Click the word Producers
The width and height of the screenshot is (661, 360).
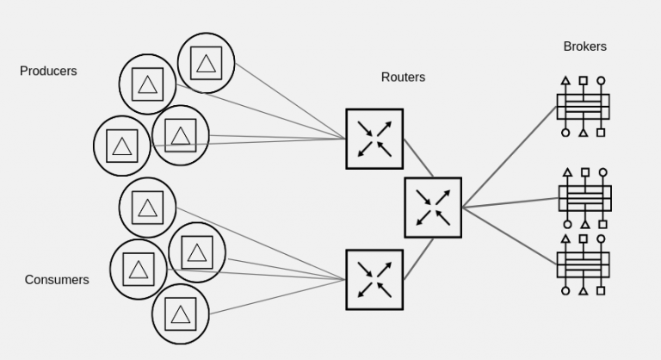48,71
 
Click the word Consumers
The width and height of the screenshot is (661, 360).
57,280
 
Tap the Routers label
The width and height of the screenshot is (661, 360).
403,78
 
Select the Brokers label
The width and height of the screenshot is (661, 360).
584,47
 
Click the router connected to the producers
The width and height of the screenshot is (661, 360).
374,139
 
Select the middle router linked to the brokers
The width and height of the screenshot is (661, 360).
433,208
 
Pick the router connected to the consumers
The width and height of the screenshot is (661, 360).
374,280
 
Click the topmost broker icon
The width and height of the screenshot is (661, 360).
583,107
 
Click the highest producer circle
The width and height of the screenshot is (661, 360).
206,63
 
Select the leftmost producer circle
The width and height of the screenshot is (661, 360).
121,146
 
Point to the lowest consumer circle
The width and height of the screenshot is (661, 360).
180,314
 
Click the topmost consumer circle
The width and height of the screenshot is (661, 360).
147,207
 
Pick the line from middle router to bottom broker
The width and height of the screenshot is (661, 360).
508,233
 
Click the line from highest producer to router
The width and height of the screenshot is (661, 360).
288,99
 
